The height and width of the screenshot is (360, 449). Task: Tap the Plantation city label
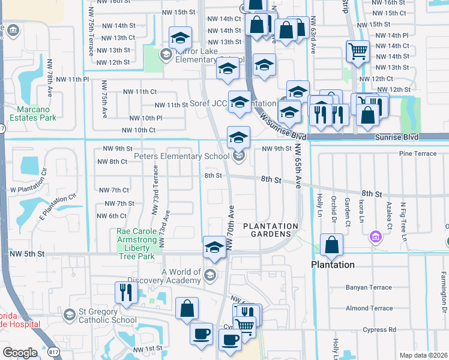click(x=333, y=265)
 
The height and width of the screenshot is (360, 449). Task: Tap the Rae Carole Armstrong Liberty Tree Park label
click(x=132, y=244)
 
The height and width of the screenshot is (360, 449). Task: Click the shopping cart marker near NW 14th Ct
click(x=358, y=52)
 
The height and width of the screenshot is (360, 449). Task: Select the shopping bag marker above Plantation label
click(x=331, y=245)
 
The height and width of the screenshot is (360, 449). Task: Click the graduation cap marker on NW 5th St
click(x=214, y=247)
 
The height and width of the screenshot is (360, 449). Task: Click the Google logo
click(x=20, y=353)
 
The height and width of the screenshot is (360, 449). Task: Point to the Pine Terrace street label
click(x=418, y=154)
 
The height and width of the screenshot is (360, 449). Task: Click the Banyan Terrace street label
click(x=369, y=287)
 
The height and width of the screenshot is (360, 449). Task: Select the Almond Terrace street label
click(x=369, y=308)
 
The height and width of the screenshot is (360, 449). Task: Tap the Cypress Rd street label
click(x=375, y=329)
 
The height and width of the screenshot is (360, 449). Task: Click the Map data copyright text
click(x=423, y=355)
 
